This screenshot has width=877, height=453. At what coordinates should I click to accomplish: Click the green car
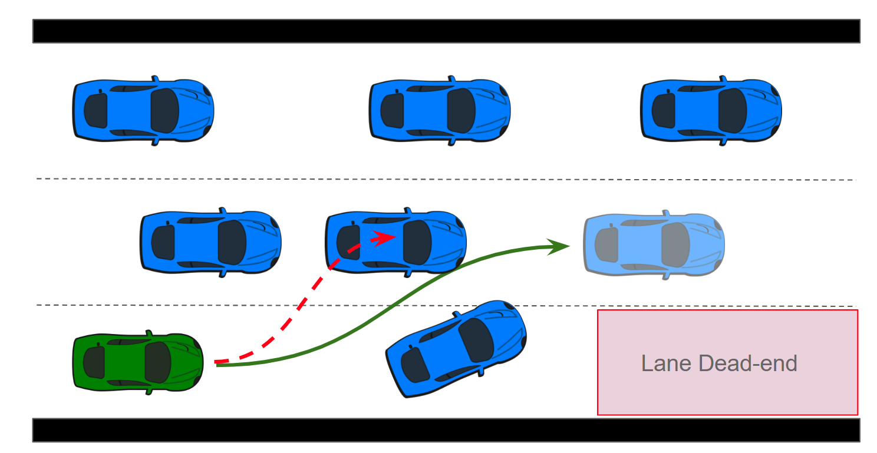click(138, 362)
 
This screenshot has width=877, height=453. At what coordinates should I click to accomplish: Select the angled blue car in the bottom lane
click(456, 348)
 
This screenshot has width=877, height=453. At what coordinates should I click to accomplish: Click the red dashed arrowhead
click(387, 237)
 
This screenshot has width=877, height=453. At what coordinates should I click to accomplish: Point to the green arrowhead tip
click(568, 246)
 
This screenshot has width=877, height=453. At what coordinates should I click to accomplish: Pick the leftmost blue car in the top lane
click(143, 111)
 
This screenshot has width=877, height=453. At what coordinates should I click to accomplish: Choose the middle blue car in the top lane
click(440, 111)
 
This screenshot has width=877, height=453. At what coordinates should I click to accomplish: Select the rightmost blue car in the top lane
click(711, 111)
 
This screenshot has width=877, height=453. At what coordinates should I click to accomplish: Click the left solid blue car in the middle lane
click(210, 242)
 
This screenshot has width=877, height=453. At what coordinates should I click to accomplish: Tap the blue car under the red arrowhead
click(413, 247)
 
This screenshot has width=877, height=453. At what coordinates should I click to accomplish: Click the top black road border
click(446, 31)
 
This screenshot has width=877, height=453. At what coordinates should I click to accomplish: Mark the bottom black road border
click(446, 430)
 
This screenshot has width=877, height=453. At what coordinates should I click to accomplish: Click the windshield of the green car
click(158, 362)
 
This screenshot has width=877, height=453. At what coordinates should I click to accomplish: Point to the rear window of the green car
click(94, 362)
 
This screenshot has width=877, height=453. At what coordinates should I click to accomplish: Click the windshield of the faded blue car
click(675, 244)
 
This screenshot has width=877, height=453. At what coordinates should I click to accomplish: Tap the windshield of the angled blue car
click(476, 340)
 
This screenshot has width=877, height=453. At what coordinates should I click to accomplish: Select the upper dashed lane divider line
click(446, 179)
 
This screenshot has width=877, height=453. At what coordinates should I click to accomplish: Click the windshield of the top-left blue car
click(164, 111)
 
